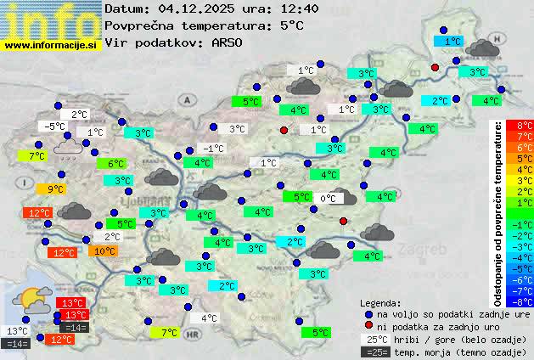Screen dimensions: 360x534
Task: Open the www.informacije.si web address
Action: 51,45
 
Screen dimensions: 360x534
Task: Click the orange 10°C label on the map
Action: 104,251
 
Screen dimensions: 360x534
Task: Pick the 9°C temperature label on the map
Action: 56,189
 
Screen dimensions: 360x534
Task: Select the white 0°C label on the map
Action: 327,199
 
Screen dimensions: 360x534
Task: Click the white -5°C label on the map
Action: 55,127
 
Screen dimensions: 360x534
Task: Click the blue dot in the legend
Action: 368,314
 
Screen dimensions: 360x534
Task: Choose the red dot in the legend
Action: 368,326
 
